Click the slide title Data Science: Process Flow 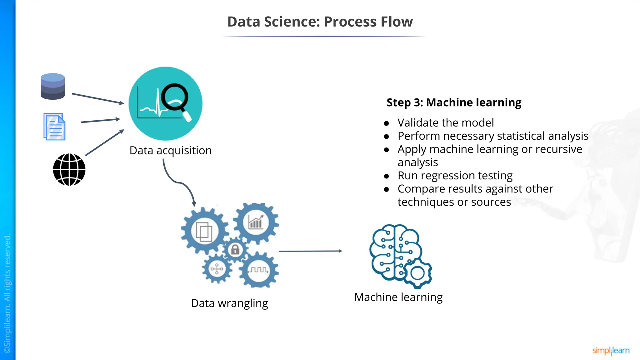pos(320,22)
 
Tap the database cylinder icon pos(52,87)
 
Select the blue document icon pos(54,127)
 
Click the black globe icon pos(69,170)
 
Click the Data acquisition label pos(170,151)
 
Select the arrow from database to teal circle pos(97,98)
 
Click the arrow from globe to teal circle pos(104,143)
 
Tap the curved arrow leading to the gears pos(178,182)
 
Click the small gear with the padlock pos(235,250)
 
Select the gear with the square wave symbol pos(258,270)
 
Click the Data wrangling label pos(229,303)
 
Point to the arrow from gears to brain pos(310,251)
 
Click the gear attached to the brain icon pos(417,273)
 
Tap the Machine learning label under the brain pos(398,297)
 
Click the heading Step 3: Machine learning pos(454,102)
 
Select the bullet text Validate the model pos(445,123)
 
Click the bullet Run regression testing pos(455,176)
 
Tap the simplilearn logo pos(611,351)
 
